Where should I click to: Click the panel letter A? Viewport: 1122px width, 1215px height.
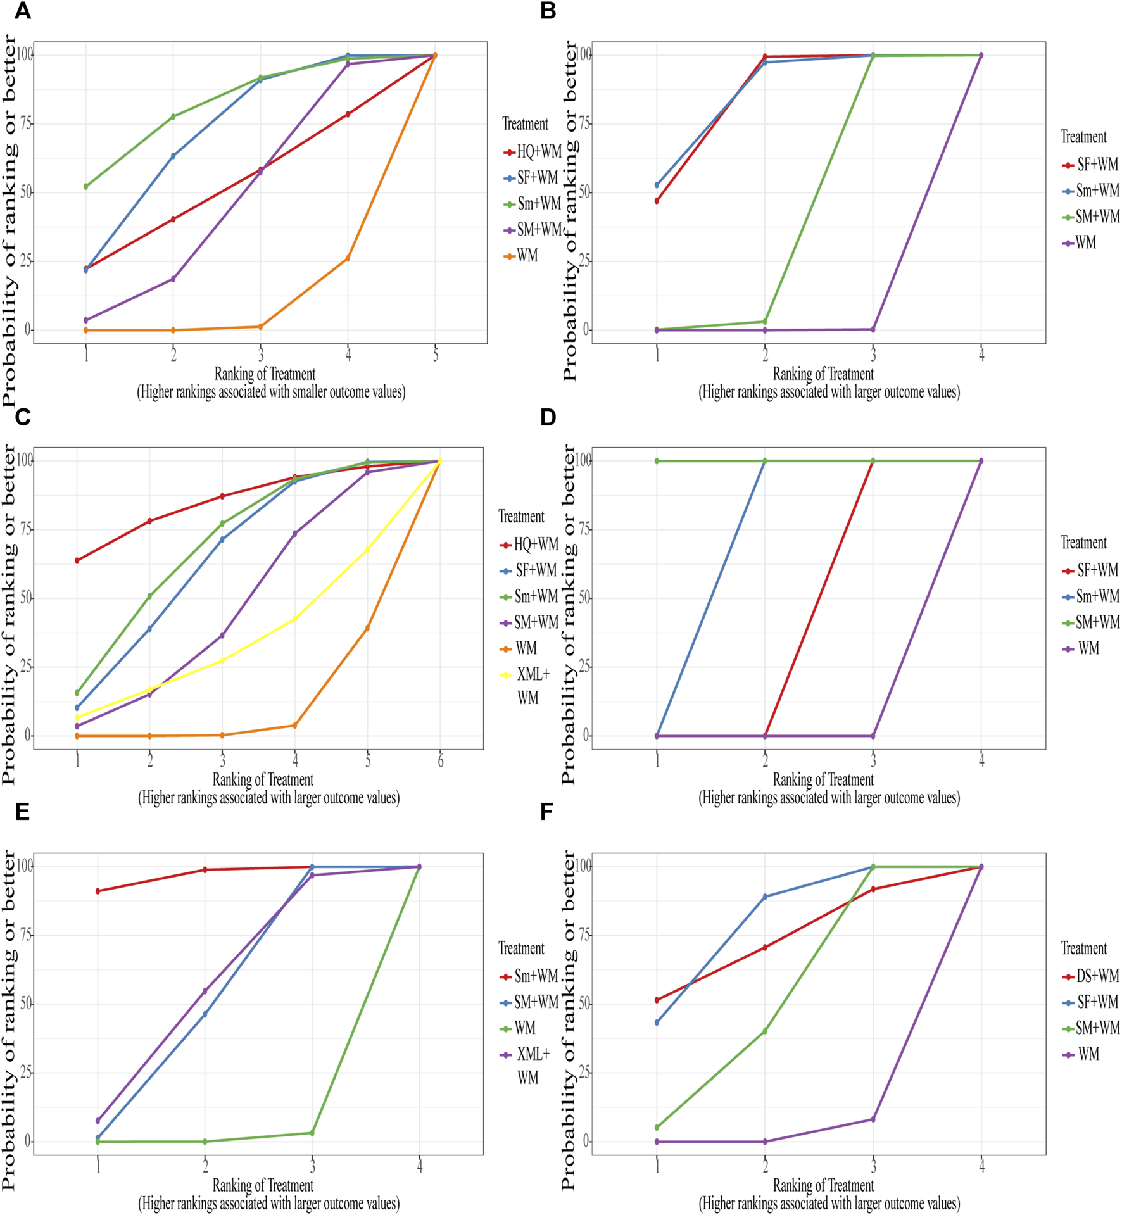[22, 11]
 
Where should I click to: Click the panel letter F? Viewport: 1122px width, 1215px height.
[547, 812]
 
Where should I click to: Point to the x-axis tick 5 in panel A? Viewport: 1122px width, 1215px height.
[435, 355]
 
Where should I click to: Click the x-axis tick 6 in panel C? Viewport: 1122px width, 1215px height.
[440, 760]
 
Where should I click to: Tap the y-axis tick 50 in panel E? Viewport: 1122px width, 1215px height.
[26, 1004]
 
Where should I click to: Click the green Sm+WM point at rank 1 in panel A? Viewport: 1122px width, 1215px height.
[86, 187]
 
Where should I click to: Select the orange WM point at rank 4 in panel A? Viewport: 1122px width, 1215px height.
[348, 258]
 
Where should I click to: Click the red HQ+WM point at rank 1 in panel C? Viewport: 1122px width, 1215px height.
[77, 560]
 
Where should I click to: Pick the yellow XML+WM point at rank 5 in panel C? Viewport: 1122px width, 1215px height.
[367, 550]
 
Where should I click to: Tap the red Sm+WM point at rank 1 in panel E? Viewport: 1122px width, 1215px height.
[98, 891]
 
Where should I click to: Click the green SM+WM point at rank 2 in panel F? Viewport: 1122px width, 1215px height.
[765, 1031]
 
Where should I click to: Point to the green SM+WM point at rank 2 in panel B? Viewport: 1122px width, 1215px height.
[765, 322]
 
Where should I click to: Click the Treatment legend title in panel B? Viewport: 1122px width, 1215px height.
[1083, 137]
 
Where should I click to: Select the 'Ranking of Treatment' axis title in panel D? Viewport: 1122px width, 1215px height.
[823, 779]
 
